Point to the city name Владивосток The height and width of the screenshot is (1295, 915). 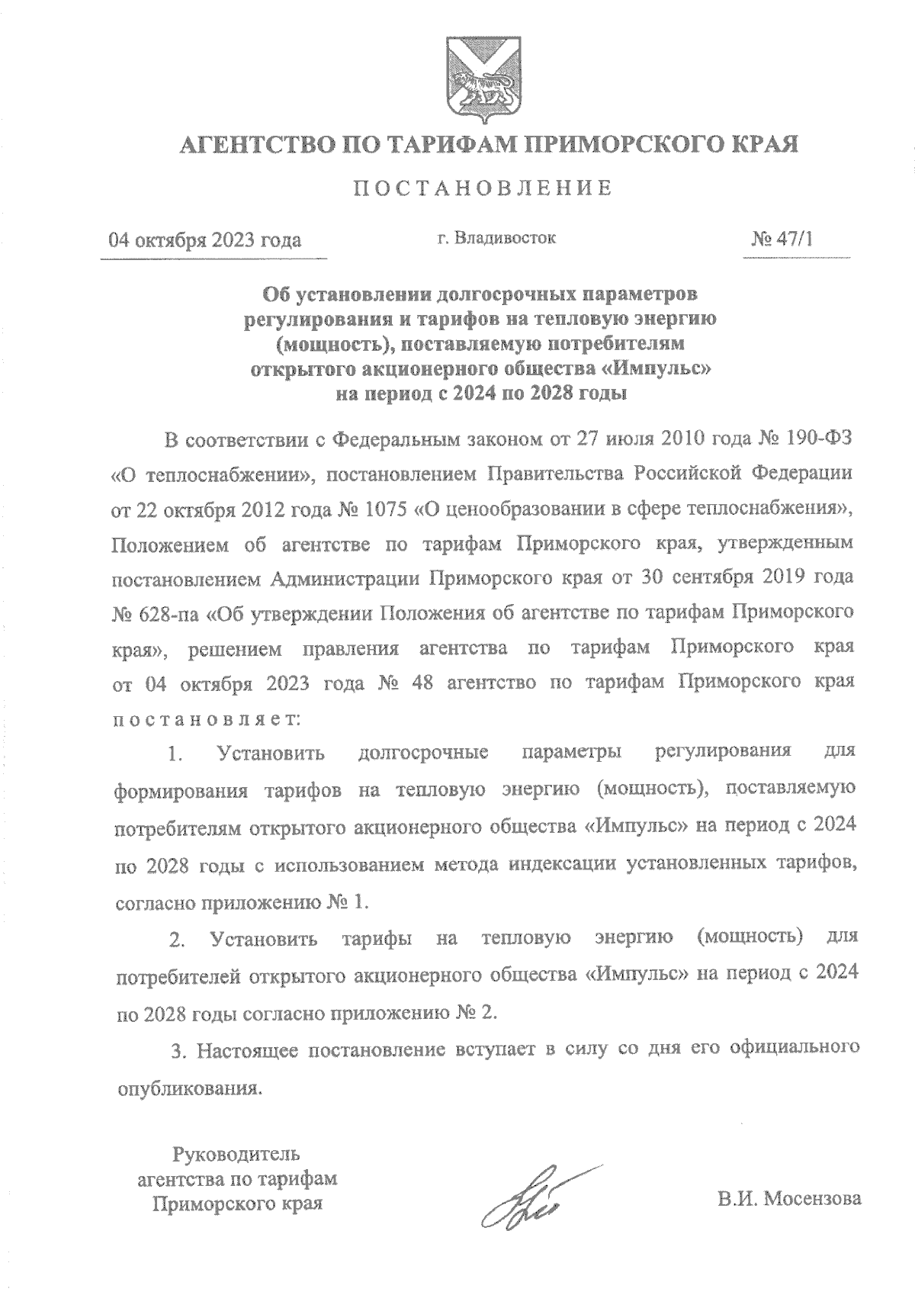(506, 239)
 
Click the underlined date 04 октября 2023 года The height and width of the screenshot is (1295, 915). (205, 241)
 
